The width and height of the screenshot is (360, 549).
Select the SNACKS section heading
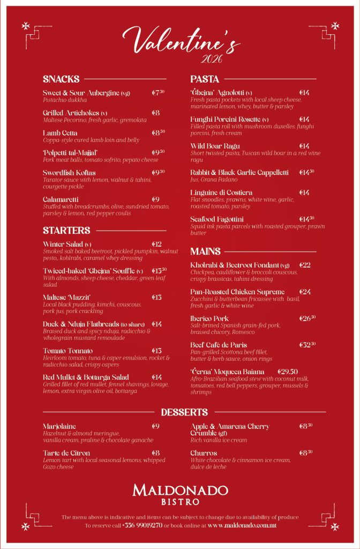pos(61,79)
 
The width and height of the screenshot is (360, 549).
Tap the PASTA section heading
pos(205,79)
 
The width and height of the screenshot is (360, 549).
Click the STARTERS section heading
pos(66,231)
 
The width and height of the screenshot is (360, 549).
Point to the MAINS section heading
pos(205,251)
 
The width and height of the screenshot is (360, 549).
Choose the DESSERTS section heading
pos(184,412)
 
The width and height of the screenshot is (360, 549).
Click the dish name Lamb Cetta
pos(60,133)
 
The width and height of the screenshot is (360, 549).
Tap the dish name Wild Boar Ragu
pos(215,146)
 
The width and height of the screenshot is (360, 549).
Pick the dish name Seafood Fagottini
pos(217,219)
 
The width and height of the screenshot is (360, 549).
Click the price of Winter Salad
pos(156,244)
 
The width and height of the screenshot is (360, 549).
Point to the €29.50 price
pos(288,372)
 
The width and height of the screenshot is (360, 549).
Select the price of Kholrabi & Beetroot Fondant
pos(305,265)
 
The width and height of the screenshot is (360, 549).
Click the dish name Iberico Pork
pos(209,318)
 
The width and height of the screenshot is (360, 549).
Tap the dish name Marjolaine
pos(59,426)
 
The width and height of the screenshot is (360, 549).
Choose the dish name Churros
pos(204,453)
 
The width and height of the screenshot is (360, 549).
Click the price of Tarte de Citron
pos(155,453)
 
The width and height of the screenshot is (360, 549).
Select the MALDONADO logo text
pos(180,489)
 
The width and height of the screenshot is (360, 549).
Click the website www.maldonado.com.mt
pos(242,525)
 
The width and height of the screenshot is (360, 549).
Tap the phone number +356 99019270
pos(142,525)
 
